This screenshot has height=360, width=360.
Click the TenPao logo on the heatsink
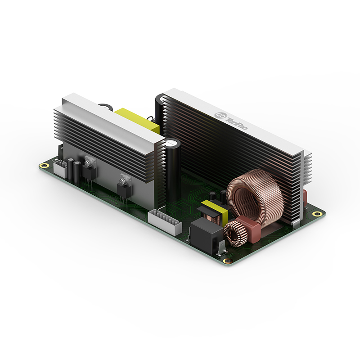[x=231, y=121]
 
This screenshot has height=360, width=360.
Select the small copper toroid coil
[x=234, y=234]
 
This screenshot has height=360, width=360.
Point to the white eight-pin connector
[x=165, y=221]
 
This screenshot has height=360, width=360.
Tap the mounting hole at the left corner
[x=43, y=165]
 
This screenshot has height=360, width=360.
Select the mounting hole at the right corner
[x=317, y=214]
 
